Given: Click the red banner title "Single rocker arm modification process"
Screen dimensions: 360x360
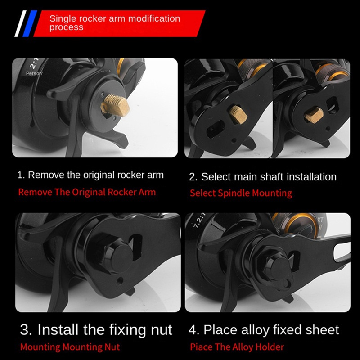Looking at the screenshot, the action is pos(115,23).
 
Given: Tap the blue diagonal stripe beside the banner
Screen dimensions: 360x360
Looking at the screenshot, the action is pos(30,23).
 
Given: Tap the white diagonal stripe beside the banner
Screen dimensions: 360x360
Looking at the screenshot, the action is pos(20,23).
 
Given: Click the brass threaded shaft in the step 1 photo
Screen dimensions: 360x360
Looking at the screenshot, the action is pos(116,105).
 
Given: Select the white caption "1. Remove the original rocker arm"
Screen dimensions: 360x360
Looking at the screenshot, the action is pos(90,175).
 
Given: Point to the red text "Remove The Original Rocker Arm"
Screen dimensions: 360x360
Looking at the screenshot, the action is pos(87,192).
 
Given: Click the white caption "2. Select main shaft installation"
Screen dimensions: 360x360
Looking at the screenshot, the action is pos(263,177).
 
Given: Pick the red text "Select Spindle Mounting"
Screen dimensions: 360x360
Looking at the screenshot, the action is pos(241,193).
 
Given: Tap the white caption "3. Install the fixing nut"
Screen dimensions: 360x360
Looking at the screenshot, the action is pos(96,330).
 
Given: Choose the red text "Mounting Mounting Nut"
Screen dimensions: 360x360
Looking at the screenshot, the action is pos(70,346).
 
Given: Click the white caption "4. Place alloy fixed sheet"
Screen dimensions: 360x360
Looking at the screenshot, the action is pos(264,330).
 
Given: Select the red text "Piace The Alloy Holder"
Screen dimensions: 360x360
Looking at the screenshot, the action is pos(237,346).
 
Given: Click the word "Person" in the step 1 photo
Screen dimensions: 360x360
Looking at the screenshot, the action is pos(34,73).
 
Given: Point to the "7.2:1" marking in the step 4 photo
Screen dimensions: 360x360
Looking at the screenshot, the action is pos(199,220).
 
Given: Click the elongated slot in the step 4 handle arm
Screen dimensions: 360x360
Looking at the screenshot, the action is pos(342,252).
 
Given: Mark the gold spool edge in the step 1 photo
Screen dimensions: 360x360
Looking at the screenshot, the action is pos(121,65).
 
